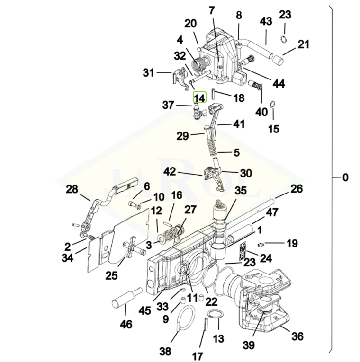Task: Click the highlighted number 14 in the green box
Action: pos(199,98)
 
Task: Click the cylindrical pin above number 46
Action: pos(124,299)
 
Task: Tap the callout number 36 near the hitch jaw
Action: pos(297,336)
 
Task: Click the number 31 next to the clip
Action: pos(149,73)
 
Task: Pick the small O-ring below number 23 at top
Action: pos(284,38)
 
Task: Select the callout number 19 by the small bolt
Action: pos(292,244)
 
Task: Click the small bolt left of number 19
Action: pos(259,244)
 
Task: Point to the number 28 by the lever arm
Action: pos(72,190)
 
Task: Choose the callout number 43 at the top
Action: pos(266,21)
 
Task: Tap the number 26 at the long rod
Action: pos(296,189)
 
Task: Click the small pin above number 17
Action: pos(206,326)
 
